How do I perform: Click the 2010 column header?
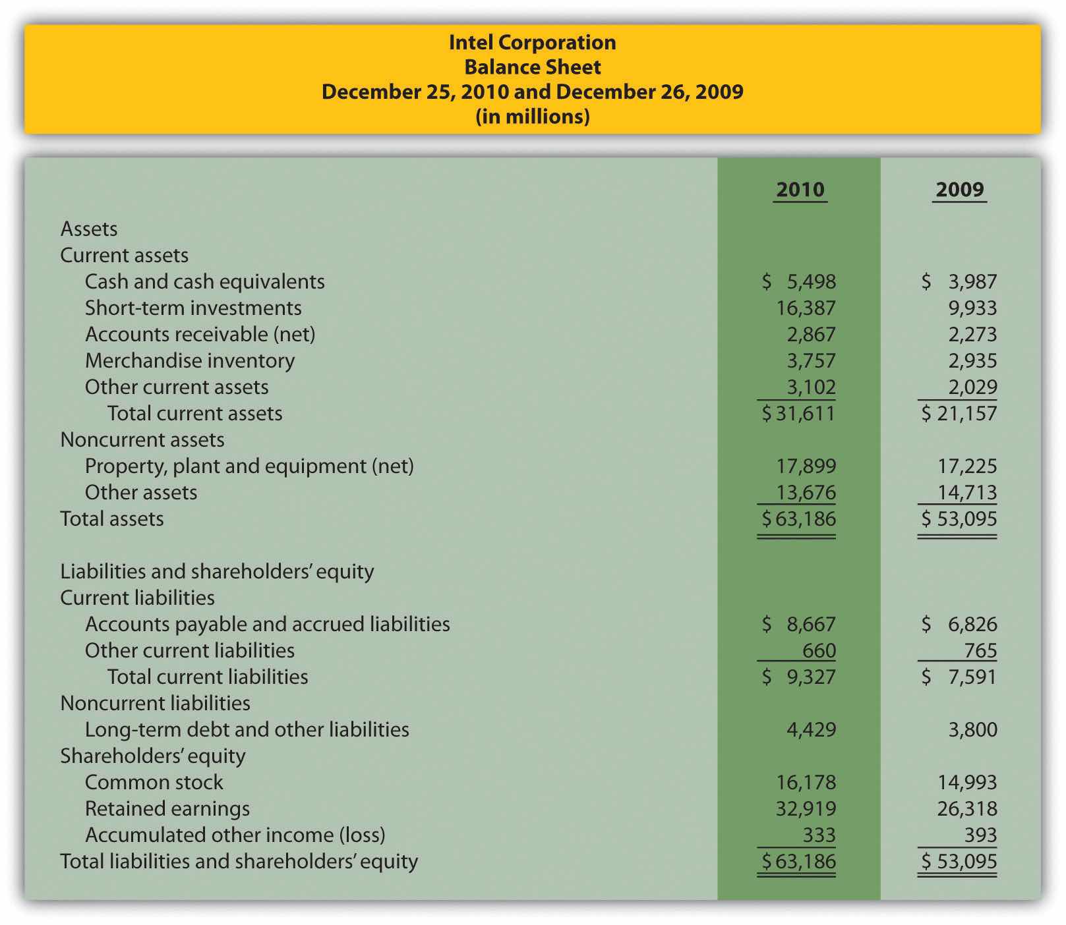[x=800, y=190]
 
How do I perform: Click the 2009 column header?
[x=959, y=190]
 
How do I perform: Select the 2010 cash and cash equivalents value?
[x=799, y=282]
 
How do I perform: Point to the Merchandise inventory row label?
[x=190, y=361]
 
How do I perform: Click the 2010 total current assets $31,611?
[x=798, y=414]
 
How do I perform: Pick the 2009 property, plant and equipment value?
[x=967, y=466]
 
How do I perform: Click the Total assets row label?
[x=112, y=519]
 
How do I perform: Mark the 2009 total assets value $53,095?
[x=959, y=519]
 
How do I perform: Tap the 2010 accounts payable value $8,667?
[x=799, y=625]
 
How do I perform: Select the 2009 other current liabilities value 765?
[x=980, y=651]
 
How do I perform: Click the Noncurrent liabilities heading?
[x=155, y=704]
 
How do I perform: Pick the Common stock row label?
[x=154, y=783]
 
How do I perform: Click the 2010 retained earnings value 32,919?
[x=806, y=809]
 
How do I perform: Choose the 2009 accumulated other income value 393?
[x=980, y=835]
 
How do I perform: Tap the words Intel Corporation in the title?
[x=532, y=43]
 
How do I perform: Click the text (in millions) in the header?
[x=532, y=117]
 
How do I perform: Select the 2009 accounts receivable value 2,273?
[x=972, y=335]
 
